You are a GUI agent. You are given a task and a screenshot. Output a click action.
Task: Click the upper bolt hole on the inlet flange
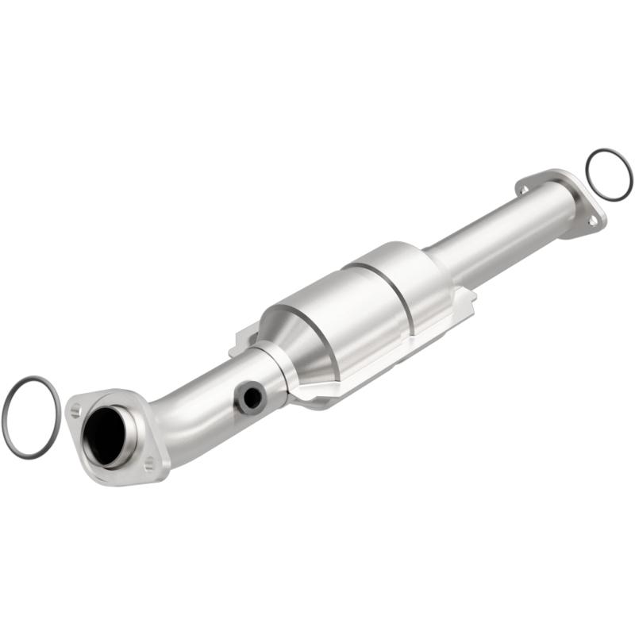pos(75,410)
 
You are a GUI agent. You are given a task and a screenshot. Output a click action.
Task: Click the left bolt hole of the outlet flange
pos(523,189)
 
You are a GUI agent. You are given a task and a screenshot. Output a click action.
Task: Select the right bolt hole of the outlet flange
pos(591,221)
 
